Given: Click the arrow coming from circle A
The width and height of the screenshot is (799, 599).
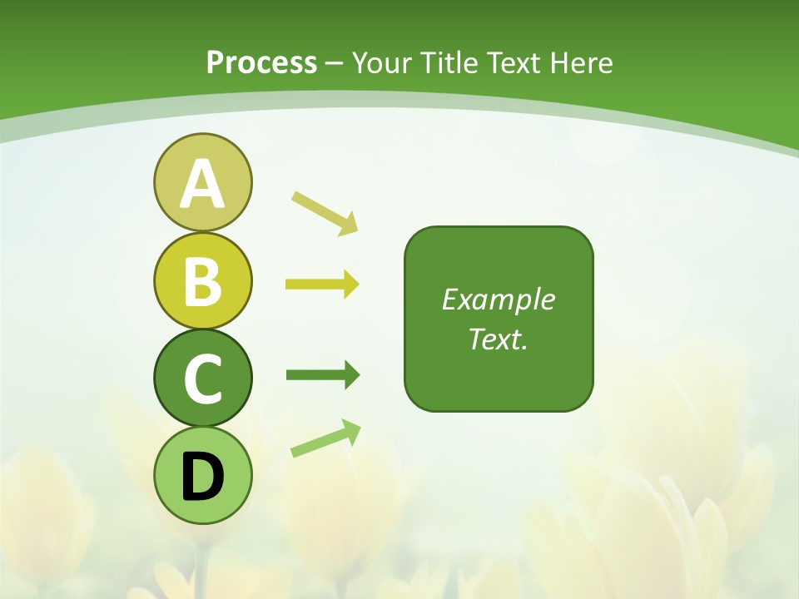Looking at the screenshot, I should tap(325, 213).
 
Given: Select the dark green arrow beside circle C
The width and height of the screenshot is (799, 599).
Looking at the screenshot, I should tap(322, 375).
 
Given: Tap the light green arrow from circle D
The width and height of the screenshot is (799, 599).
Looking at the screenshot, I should tap(325, 439).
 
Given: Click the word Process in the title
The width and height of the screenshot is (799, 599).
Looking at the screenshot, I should tap(261, 62).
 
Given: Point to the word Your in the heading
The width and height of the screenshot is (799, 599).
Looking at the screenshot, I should tap(382, 62).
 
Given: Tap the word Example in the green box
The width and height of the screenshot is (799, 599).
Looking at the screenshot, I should tap(498, 299).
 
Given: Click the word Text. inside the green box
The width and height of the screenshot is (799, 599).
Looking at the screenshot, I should tap(498, 339).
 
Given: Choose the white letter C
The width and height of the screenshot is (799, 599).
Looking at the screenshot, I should tap(202, 379).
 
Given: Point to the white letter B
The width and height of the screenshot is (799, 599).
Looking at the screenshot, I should tap(202, 281).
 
